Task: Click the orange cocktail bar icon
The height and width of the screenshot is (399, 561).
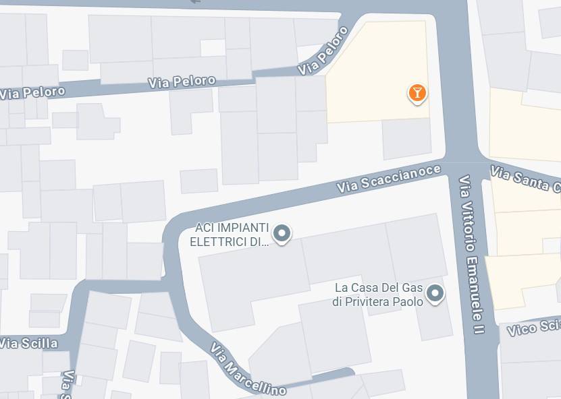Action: coord(417,93)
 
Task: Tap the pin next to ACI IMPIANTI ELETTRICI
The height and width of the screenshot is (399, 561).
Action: coord(282,234)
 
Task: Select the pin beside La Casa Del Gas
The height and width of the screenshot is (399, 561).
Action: coord(436,294)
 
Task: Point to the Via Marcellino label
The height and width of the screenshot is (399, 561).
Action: coord(247,370)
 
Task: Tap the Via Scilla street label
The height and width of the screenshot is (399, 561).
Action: coord(28,343)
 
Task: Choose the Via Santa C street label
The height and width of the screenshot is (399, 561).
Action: coord(525,180)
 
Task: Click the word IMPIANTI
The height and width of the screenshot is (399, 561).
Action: coord(242,227)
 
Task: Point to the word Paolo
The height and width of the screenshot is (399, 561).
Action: coord(410,301)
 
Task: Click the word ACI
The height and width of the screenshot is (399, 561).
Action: coord(204,227)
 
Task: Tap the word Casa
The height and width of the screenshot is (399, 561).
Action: coord(365,288)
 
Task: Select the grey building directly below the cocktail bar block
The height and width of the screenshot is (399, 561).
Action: coord(406,139)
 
